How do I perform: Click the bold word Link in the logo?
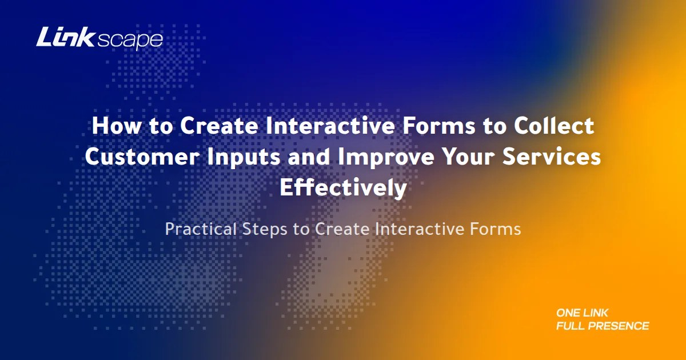pos(65,37)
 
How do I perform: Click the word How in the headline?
pos(116,125)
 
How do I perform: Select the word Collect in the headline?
pos(555,125)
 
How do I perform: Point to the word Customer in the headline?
pos(142,156)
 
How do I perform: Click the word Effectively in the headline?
pos(344,189)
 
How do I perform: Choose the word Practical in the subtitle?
pos(201,229)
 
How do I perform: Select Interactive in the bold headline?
pos(330,125)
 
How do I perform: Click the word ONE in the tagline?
pos(568,313)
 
